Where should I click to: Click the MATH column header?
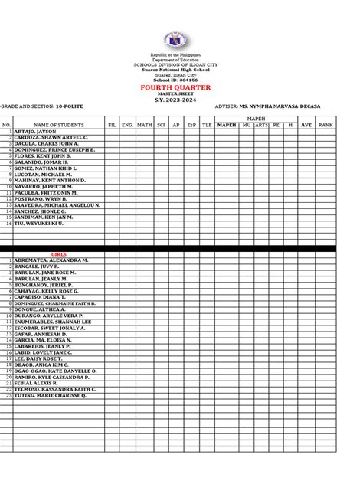tap(145, 124)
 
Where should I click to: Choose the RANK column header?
tap(326, 124)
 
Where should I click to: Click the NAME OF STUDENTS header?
tap(58, 124)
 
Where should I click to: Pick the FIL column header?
tap(112, 124)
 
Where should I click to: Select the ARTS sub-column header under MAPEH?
tap(261, 124)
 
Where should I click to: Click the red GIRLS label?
tap(58, 253)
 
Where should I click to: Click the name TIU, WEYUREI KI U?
tap(38, 223)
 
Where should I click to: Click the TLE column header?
tap(207, 124)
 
